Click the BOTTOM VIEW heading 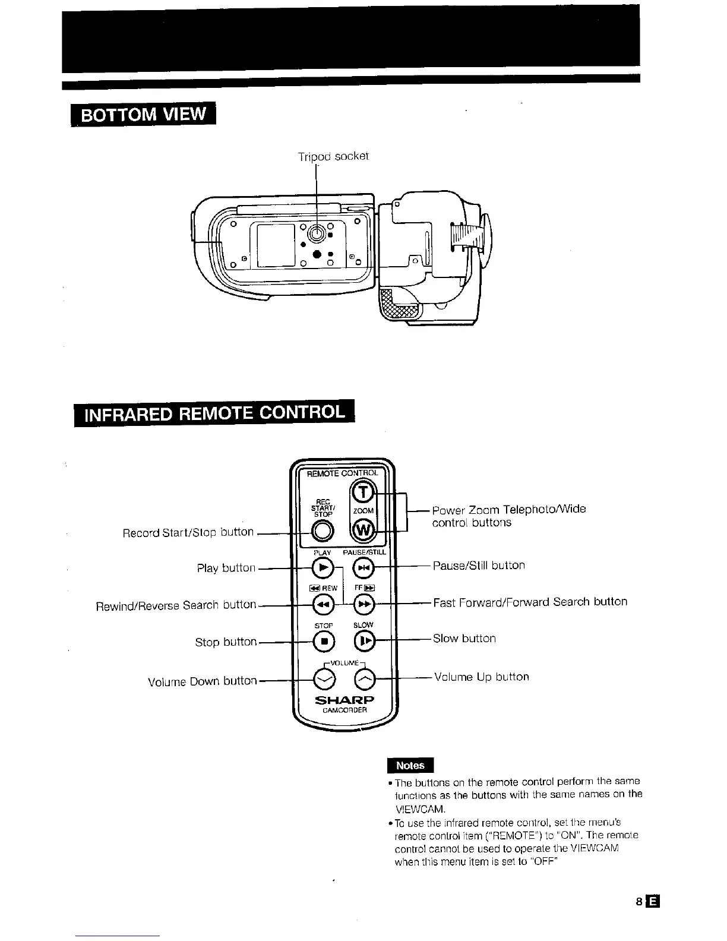[x=143, y=114]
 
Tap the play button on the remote [x=323, y=568]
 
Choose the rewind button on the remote [x=323, y=605]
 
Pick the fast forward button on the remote [x=363, y=605]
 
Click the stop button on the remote [x=324, y=642]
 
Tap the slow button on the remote [x=364, y=641]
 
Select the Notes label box [x=410, y=766]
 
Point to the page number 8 [x=639, y=901]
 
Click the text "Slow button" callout [x=464, y=639]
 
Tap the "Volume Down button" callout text [x=202, y=681]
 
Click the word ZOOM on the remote [x=363, y=511]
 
